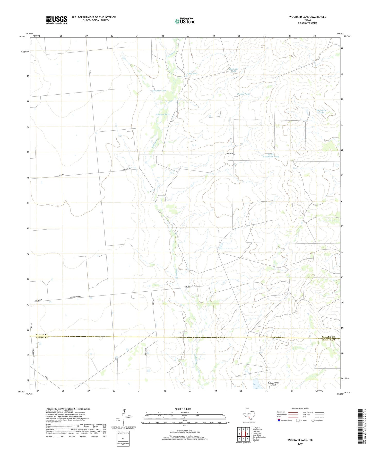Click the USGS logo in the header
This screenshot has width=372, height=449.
(57, 20)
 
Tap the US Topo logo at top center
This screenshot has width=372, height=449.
(185, 21)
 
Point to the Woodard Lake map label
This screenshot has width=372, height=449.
(162, 114)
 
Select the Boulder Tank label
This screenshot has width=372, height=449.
(160, 91)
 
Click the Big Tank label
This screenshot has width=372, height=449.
(193, 74)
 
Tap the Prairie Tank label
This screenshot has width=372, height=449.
(243, 94)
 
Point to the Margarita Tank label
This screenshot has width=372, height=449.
(321, 111)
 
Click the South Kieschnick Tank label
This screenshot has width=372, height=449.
(271, 155)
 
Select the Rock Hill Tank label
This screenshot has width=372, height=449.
(234, 70)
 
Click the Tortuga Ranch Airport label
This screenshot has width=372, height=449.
(273, 384)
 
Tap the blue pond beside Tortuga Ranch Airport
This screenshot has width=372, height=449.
(256, 384)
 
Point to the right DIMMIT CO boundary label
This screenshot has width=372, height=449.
(328, 340)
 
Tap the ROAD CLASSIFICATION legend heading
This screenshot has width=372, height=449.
(300, 409)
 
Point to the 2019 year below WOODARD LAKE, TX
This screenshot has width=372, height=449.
(300, 444)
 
